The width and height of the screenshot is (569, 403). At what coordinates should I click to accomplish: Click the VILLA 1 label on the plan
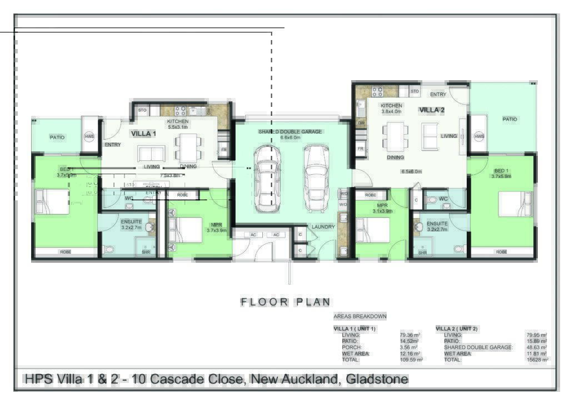click(x=143, y=134)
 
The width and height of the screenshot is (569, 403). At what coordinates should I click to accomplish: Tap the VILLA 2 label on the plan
click(x=431, y=110)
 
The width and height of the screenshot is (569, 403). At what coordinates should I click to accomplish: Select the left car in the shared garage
click(x=267, y=179)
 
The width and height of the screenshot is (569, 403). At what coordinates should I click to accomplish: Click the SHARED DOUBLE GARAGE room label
click(x=290, y=132)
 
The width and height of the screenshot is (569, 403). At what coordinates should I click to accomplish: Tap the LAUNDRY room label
click(x=323, y=227)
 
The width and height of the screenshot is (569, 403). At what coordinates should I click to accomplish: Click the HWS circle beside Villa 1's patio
click(x=89, y=137)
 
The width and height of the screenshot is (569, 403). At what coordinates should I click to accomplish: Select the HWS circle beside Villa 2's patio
click(x=479, y=136)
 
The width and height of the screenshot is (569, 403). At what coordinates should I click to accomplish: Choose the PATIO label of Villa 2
click(x=510, y=119)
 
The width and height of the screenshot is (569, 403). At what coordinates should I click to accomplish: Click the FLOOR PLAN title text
click(x=286, y=302)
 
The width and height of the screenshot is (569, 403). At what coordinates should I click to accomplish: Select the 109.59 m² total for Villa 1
click(x=411, y=360)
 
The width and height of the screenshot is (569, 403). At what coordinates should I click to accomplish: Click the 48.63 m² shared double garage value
click(x=536, y=347)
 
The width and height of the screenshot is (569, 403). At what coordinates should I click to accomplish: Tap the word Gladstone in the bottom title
click(x=377, y=380)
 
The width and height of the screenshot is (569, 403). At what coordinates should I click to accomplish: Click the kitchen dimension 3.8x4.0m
click(x=391, y=111)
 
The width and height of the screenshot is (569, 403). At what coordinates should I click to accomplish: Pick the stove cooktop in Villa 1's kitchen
click(x=181, y=111)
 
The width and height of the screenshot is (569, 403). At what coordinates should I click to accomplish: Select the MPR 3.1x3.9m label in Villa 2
click(x=382, y=208)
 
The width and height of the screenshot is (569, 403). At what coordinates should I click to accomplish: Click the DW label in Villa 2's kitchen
click(x=361, y=123)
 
